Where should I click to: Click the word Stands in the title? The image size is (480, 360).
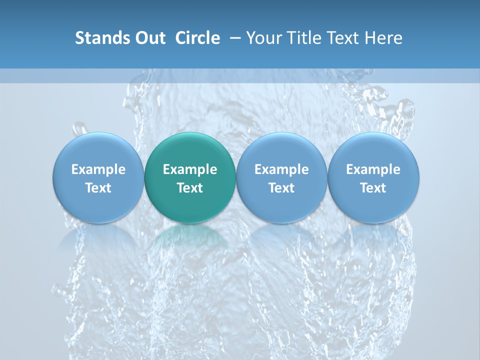(98, 38)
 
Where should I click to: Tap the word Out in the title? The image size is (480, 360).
(148, 38)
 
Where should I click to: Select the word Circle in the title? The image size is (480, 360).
(197, 38)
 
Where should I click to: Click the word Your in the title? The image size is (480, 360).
(263, 38)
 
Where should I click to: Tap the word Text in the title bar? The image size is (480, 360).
(342, 38)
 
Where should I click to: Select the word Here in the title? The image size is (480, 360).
(384, 38)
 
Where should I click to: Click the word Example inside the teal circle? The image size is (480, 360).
(190, 169)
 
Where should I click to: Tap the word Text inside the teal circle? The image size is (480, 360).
(190, 188)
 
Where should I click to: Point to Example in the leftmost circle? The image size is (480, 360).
(98, 169)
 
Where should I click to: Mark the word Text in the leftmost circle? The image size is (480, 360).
(98, 188)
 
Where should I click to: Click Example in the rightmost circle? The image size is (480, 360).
(373, 169)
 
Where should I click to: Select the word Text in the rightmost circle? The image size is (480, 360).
(373, 188)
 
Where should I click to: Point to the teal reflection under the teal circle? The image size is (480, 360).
(190, 237)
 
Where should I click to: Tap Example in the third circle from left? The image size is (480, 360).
(281, 169)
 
